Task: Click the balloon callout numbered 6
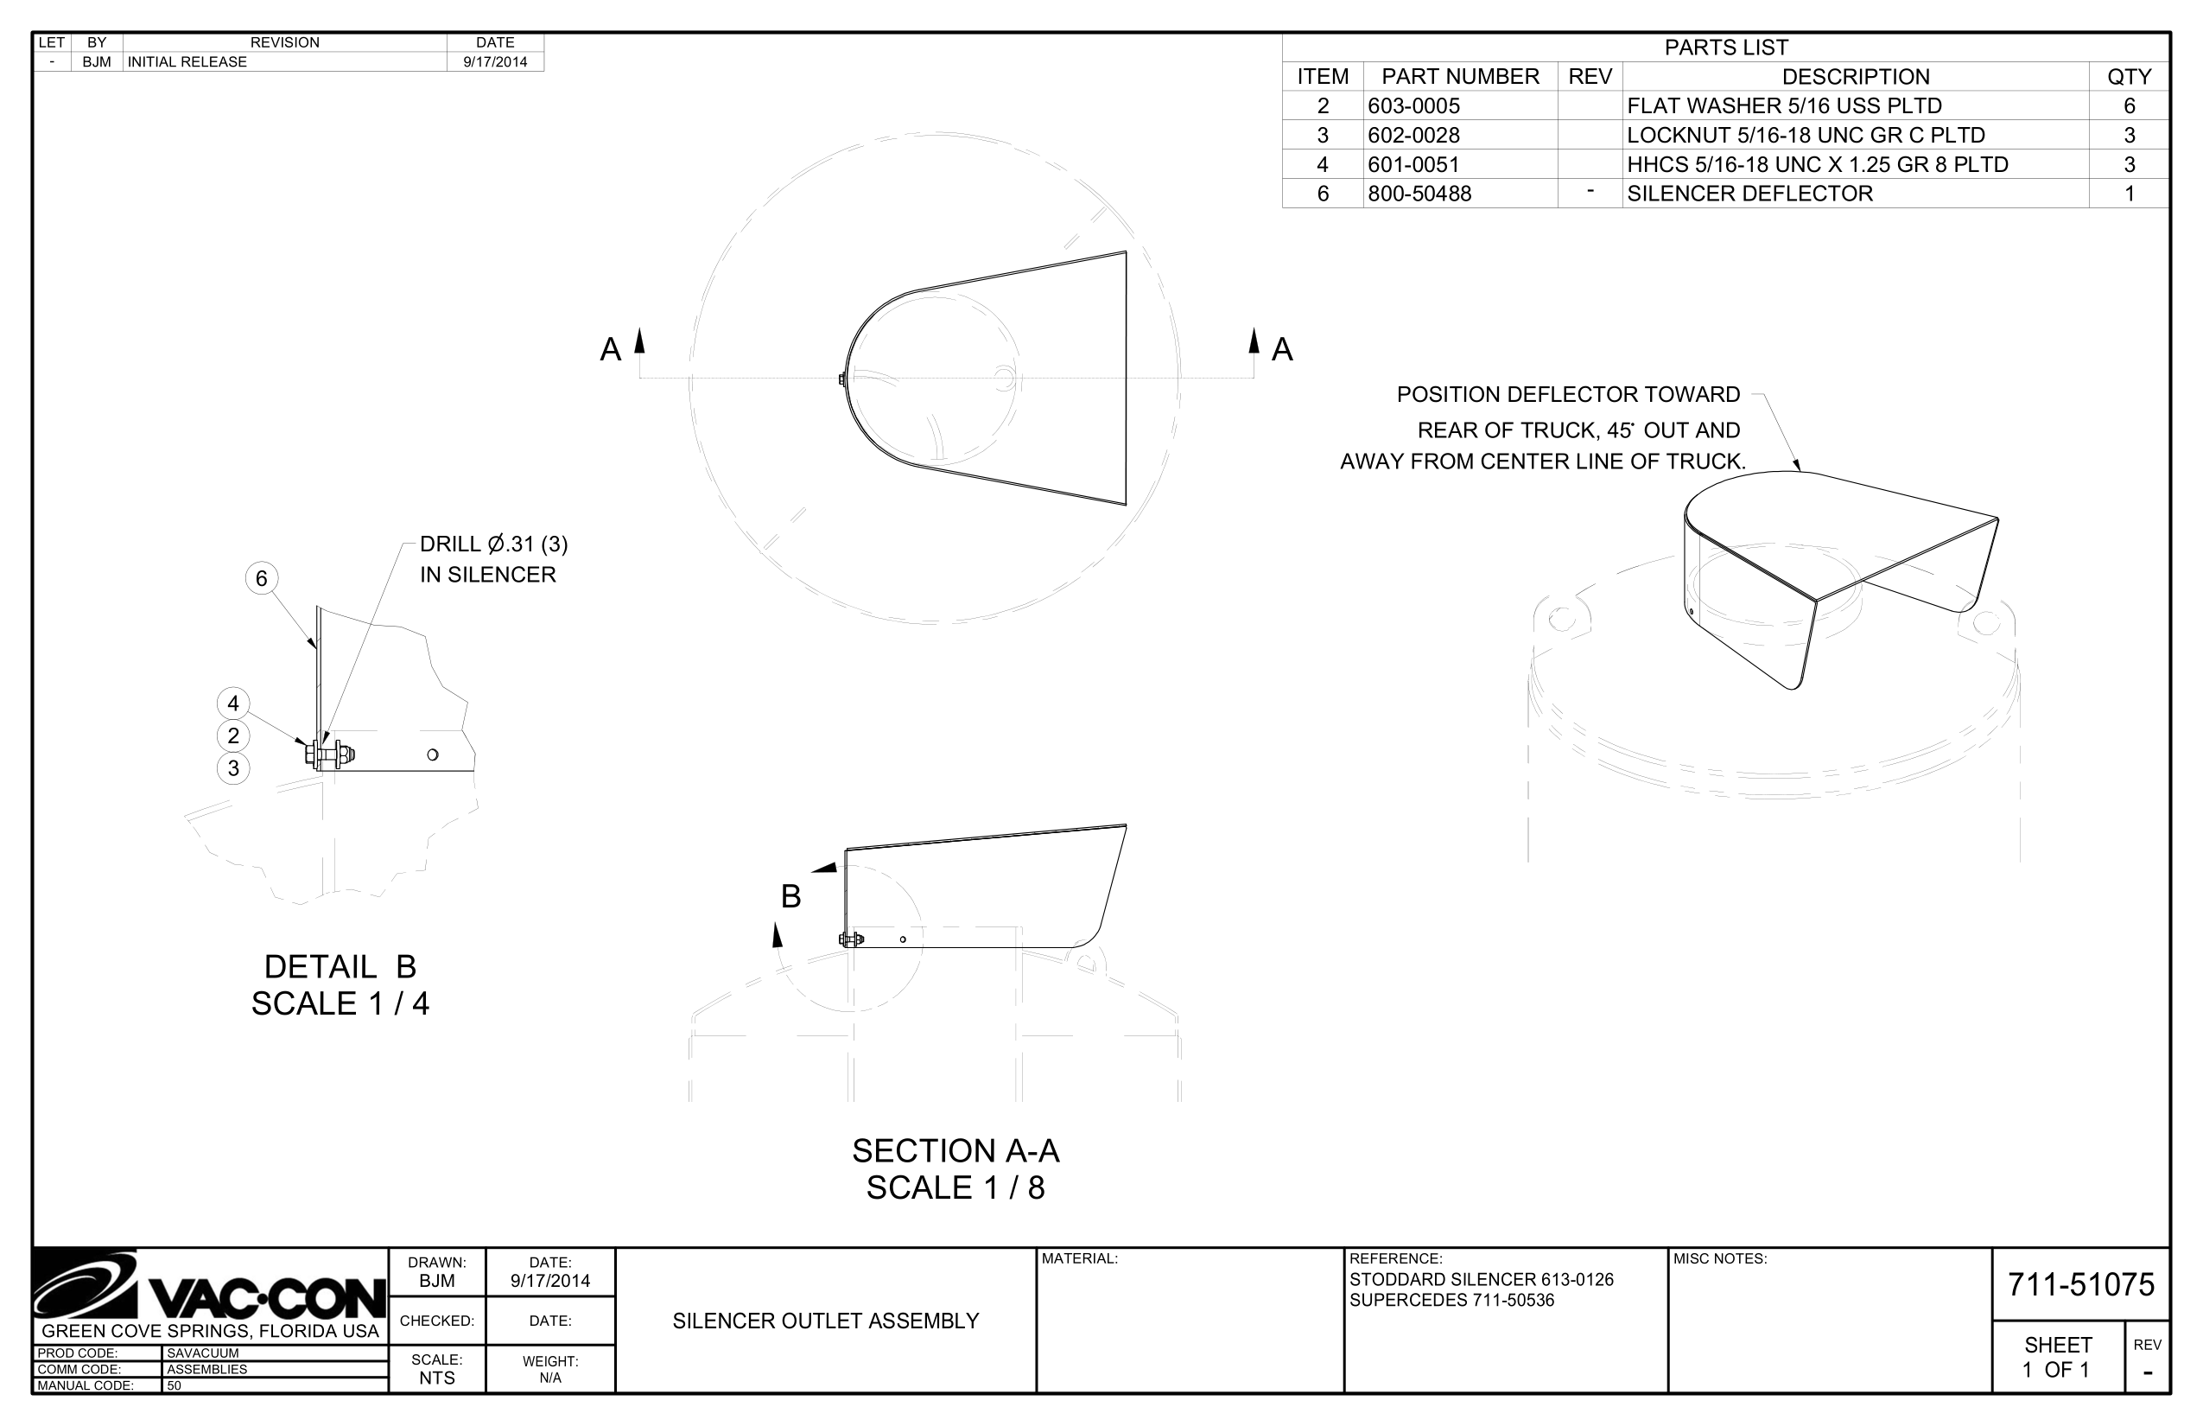[261, 579]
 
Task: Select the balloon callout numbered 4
[233, 703]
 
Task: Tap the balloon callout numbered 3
[233, 768]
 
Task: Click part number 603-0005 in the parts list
[1413, 105]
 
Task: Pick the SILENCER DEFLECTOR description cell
[1749, 194]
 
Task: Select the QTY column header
[2129, 76]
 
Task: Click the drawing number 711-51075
[2081, 1284]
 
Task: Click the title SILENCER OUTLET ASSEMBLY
[826, 1321]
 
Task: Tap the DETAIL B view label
[340, 968]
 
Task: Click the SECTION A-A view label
[955, 1151]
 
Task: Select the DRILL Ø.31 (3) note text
[493, 544]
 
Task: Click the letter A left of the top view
[610, 350]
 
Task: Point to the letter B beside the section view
[790, 896]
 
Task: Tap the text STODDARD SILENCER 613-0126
[1481, 1280]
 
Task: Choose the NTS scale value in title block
[437, 1378]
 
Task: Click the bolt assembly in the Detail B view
[328, 754]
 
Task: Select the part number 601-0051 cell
[1413, 165]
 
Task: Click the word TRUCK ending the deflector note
[1711, 462]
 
